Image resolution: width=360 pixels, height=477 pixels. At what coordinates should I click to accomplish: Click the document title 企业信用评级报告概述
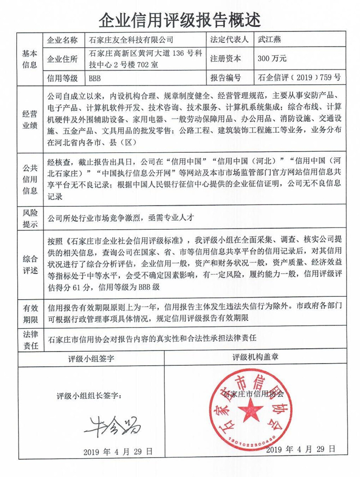pos(180,19)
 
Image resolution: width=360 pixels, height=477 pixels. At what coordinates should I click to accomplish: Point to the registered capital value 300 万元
pos(272,59)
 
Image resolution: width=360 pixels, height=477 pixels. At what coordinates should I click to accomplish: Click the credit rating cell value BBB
pos(95,78)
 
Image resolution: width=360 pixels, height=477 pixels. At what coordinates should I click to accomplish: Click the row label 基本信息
pos(29,59)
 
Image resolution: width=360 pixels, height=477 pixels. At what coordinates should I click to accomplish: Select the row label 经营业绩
pos(29,119)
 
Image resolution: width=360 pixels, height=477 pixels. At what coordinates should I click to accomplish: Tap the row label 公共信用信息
pos(29,178)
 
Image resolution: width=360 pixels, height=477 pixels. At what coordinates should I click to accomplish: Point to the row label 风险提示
pos(29,218)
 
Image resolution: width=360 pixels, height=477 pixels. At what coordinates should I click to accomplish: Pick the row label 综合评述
pos(29,263)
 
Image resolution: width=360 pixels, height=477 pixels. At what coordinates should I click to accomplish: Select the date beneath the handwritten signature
pos(118,451)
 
